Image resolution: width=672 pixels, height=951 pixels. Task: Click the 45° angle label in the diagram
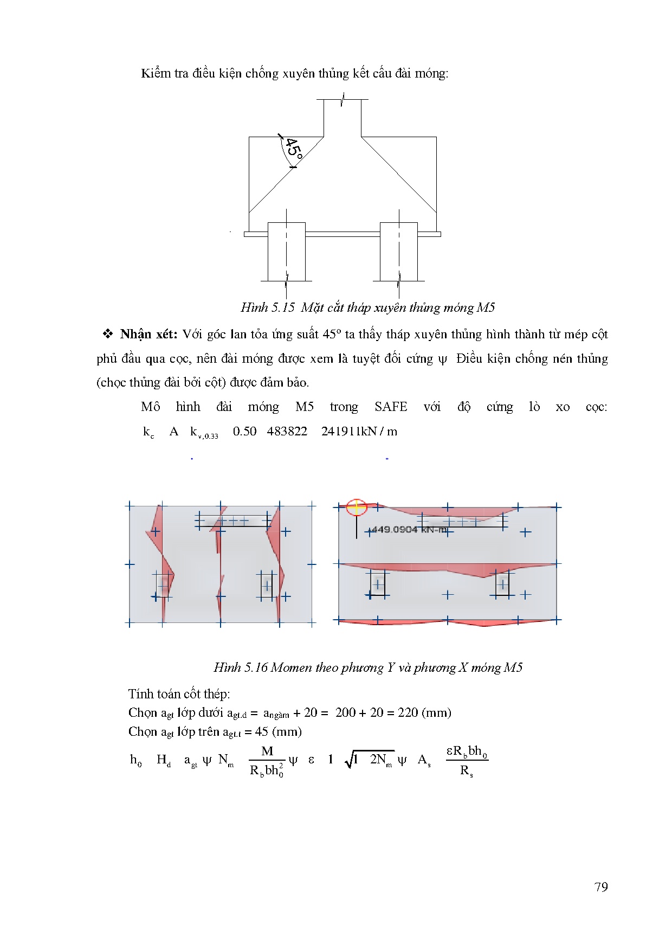(x=294, y=147)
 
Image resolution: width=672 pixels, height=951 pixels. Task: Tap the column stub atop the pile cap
(x=343, y=117)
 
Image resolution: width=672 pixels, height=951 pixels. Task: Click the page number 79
(x=601, y=887)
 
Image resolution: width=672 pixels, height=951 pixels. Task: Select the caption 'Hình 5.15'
(x=268, y=307)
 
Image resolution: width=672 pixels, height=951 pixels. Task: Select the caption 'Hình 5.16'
(x=241, y=667)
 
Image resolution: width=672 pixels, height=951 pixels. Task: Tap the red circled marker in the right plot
(x=357, y=507)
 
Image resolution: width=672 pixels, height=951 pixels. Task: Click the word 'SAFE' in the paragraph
(x=390, y=407)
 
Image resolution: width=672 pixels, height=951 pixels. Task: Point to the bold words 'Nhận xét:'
(x=148, y=334)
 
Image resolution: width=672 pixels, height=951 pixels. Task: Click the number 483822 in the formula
(x=287, y=432)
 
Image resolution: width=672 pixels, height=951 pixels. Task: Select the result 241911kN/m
(x=359, y=432)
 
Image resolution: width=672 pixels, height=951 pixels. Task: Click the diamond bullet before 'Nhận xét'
(x=107, y=334)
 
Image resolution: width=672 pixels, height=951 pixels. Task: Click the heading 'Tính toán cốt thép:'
(x=179, y=694)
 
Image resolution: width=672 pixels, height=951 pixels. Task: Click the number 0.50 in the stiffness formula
(x=244, y=432)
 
